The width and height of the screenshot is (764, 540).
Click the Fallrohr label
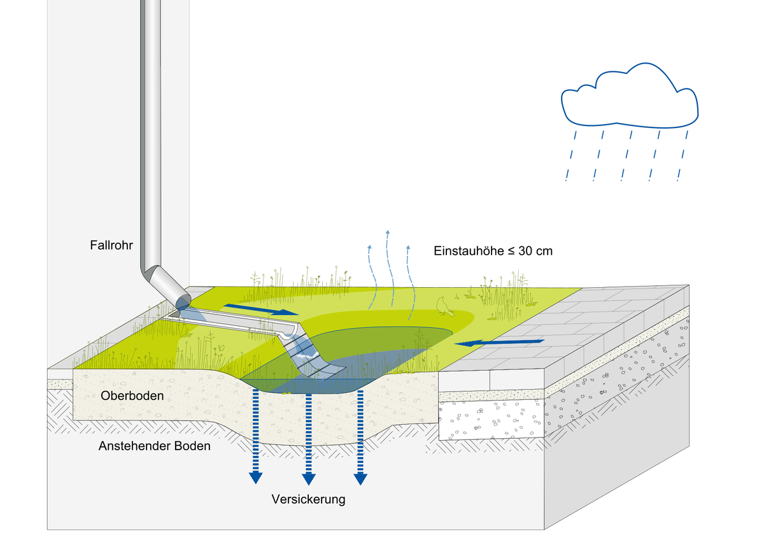[x=111, y=245]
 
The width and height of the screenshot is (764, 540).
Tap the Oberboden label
[x=132, y=396]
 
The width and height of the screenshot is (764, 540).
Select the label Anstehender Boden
[x=154, y=446]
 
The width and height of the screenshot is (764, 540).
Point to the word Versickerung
[x=308, y=499]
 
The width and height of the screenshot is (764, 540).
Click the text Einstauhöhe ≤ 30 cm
[x=493, y=251]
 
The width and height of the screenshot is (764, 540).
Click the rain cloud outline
[x=629, y=96]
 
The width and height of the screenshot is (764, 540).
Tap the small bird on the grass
[x=444, y=307]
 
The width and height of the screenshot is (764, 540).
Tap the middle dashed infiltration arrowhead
[x=309, y=478]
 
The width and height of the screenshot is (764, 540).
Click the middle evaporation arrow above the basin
[x=389, y=267]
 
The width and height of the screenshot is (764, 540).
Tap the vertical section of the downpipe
[x=150, y=127]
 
